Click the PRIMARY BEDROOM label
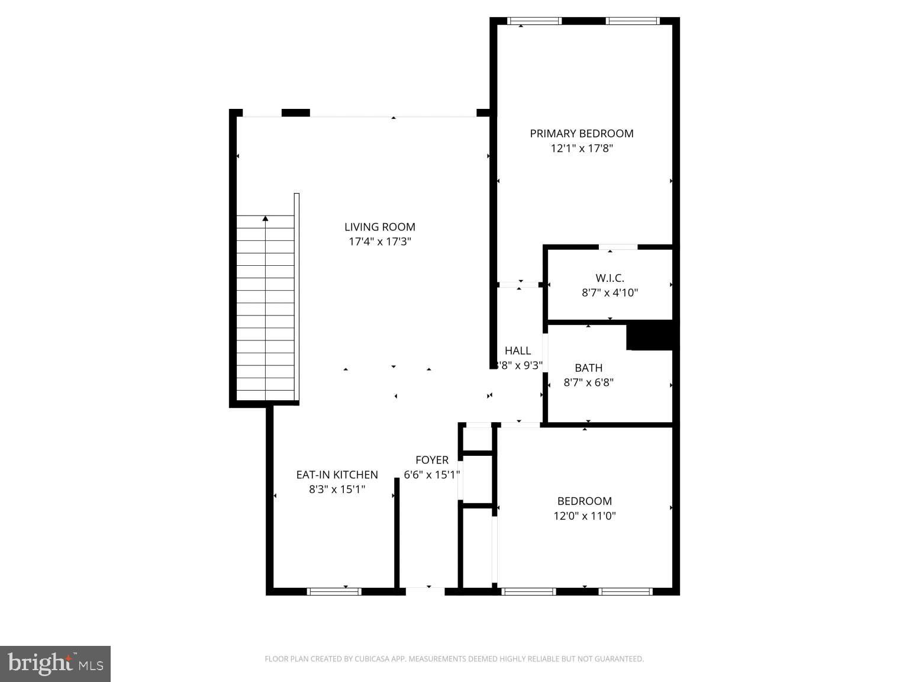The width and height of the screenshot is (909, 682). pyautogui.click(x=581, y=134)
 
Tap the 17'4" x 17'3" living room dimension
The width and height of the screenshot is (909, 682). pyautogui.click(x=379, y=242)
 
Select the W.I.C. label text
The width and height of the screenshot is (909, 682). pyautogui.click(x=610, y=278)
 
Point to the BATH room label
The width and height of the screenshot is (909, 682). pyautogui.click(x=588, y=368)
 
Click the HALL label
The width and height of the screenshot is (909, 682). pyautogui.click(x=518, y=351)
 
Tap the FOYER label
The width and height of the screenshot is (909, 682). pyautogui.click(x=431, y=460)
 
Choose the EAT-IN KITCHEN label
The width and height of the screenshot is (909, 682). pyautogui.click(x=337, y=475)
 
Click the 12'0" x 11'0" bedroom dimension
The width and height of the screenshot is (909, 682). pyautogui.click(x=584, y=516)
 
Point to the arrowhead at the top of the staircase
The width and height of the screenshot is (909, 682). pyautogui.click(x=265, y=218)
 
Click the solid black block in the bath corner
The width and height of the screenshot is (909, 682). pyautogui.click(x=650, y=336)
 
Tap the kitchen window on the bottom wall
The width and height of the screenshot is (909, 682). pyautogui.click(x=334, y=591)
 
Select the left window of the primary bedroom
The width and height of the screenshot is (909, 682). pyautogui.click(x=534, y=21)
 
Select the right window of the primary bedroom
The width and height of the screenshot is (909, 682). pyautogui.click(x=632, y=21)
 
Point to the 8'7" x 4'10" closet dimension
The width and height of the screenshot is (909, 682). pyautogui.click(x=610, y=292)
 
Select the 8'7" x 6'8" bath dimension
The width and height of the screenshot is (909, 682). pyautogui.click(x=588, y=382)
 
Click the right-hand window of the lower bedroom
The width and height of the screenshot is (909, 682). pyautogui.click(x=626, y=591)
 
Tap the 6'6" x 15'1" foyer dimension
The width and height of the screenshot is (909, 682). pyautogui.click(x=431, y=475)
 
